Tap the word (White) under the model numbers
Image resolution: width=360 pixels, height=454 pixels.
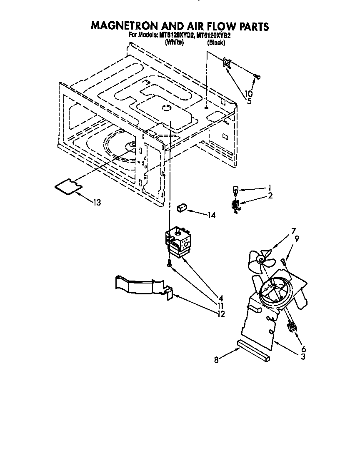pyautogui.click(x=174, y=43)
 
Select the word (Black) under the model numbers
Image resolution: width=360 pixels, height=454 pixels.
pyautogui.click(x=216, y=43)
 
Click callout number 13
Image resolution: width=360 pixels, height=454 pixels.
pyautogui.click(x=97, y=203)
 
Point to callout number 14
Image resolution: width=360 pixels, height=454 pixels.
pyautogui.click(x=212, y=215)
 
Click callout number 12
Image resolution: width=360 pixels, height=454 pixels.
pyautogui.click(x=220, y=314)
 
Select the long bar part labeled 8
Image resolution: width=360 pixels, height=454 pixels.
pyautogui.click(x=253, y=350)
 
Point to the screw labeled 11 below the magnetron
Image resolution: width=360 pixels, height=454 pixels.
pyautogui.click(x=169, y=263)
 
